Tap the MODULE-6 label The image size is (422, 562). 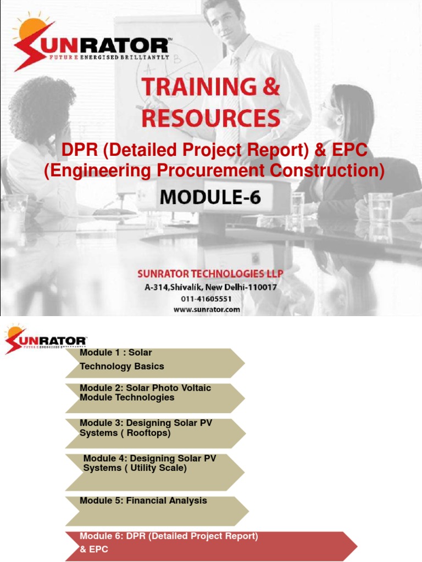211,198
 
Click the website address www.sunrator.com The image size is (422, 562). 207,309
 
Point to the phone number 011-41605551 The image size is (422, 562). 207,299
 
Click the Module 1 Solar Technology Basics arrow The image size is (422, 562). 154,362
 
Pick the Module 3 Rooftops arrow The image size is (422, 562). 154,433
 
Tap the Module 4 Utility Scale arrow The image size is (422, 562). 154,471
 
